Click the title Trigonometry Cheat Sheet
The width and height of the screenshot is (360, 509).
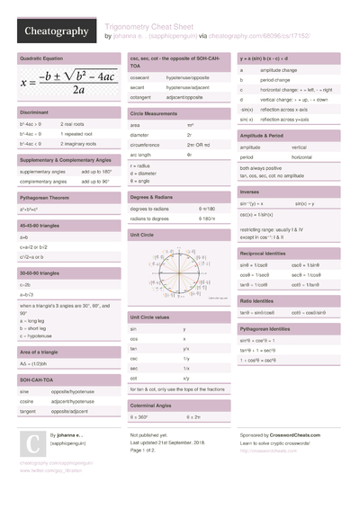(x=154, y=26)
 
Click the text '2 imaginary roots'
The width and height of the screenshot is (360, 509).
(x=82, y=143)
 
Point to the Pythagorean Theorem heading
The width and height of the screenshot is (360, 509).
(x=48, y=194)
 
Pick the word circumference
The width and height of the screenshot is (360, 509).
(x=147, y=144)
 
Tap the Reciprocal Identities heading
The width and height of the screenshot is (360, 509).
(x=268, y=254)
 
